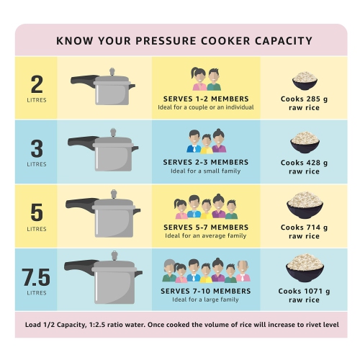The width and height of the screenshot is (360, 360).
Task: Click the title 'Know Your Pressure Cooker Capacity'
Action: coord(180,40)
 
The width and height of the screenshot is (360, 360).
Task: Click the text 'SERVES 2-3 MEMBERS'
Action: coord(206,163)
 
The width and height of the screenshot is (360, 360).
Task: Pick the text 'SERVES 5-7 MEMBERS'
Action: coord(206,228)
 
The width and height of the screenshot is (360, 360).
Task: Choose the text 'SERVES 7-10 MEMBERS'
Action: coord(206,291)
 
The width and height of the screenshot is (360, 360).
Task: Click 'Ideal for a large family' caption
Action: coord(206,300)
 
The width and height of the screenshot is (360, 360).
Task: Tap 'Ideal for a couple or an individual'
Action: coord(206,108)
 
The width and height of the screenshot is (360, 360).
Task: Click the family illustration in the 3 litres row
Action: coord(206,142)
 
